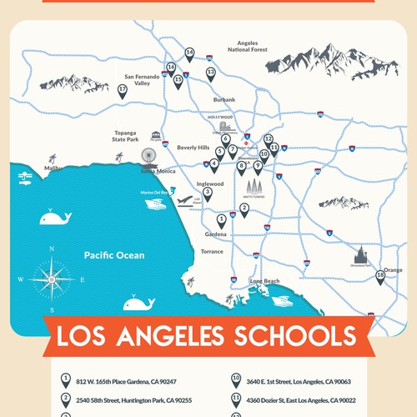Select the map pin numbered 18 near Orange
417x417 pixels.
[380, 277]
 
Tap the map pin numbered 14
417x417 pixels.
[189, 54]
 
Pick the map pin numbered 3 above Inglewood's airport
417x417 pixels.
[208, 193]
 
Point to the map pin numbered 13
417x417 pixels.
[211, 74]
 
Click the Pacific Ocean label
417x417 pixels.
[113, 255]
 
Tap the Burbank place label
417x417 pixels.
[224, 99]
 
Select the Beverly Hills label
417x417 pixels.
[193, 147]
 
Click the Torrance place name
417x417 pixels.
[212, 251]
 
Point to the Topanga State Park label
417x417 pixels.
[128, 136]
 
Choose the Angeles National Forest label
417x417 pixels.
[248, 45]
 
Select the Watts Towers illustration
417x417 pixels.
[253, 186]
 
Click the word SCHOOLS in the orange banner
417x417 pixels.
[287, 338]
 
